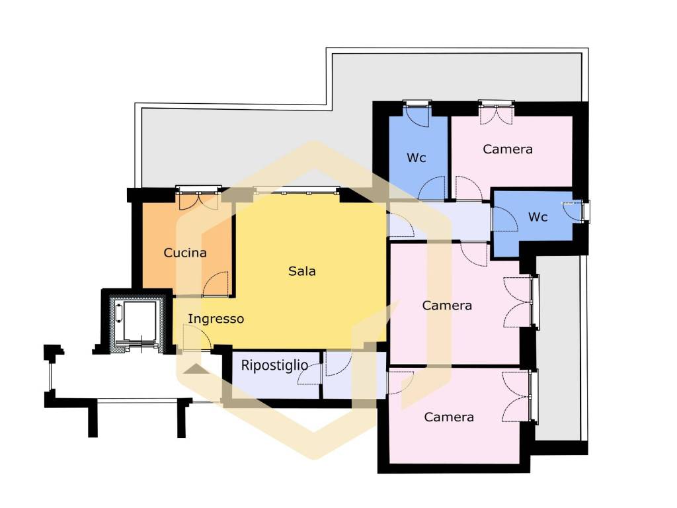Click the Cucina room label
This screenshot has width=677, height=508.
(185, 253)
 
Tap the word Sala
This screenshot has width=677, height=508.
(301, 271)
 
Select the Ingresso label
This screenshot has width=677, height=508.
(216, 319)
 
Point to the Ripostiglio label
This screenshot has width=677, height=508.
(274, 365)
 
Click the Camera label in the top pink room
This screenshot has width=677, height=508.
(507, 149)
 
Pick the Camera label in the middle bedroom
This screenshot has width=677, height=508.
(447, 306)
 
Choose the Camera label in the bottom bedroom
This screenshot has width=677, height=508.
(449, 417)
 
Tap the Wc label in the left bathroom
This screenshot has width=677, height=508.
(417, 158)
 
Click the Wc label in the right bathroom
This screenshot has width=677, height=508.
(538, 217)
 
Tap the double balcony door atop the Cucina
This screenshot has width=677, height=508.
(198, 200)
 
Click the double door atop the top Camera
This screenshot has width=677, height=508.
(496, 114)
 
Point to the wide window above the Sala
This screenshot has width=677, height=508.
(297, 190)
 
